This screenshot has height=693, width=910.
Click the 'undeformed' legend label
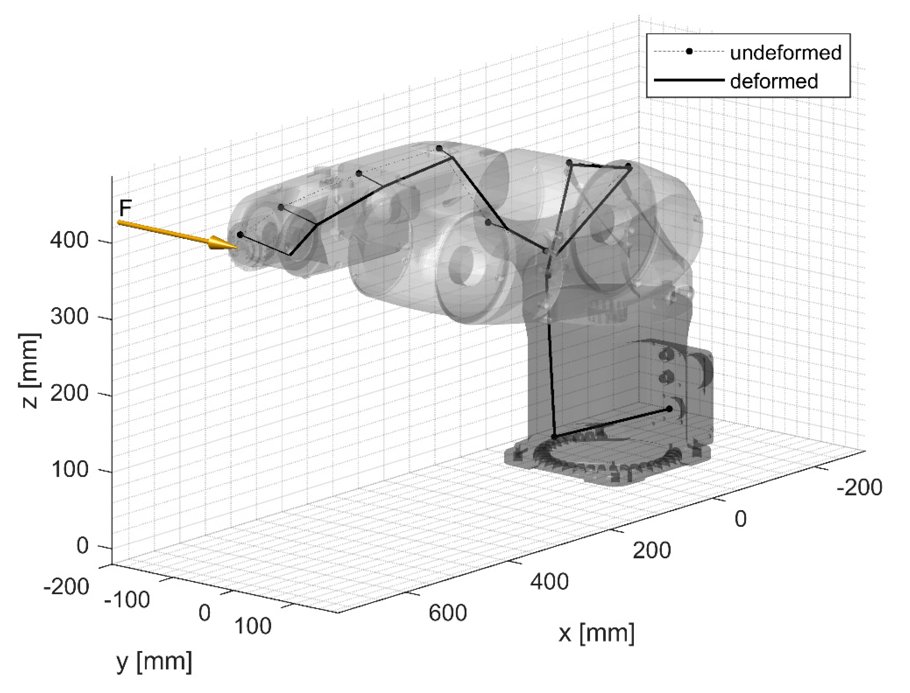point(786,53)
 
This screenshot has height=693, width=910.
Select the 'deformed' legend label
point(774,81)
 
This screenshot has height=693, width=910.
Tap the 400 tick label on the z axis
point(69,240)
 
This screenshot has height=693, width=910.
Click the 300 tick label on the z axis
point(69,317)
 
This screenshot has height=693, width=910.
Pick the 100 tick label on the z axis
point(69,469)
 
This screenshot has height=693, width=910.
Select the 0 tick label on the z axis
point(83,546)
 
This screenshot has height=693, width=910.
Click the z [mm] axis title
point(30,371)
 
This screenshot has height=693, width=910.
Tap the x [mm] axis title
point(596,633)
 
